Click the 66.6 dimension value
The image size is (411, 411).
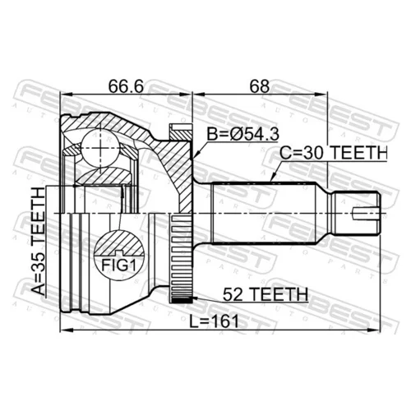click(126, 86)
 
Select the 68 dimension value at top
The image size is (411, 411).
click(260, 86)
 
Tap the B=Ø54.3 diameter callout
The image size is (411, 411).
click(243, 134)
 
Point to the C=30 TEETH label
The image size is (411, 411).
click(333, 153)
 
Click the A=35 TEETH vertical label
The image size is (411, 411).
click(38, 241)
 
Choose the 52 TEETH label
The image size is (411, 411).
click(266, 294)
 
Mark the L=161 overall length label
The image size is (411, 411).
click(215, 321)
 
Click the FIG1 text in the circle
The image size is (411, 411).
click(119, 265)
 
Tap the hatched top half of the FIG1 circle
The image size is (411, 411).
click(119, 242)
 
